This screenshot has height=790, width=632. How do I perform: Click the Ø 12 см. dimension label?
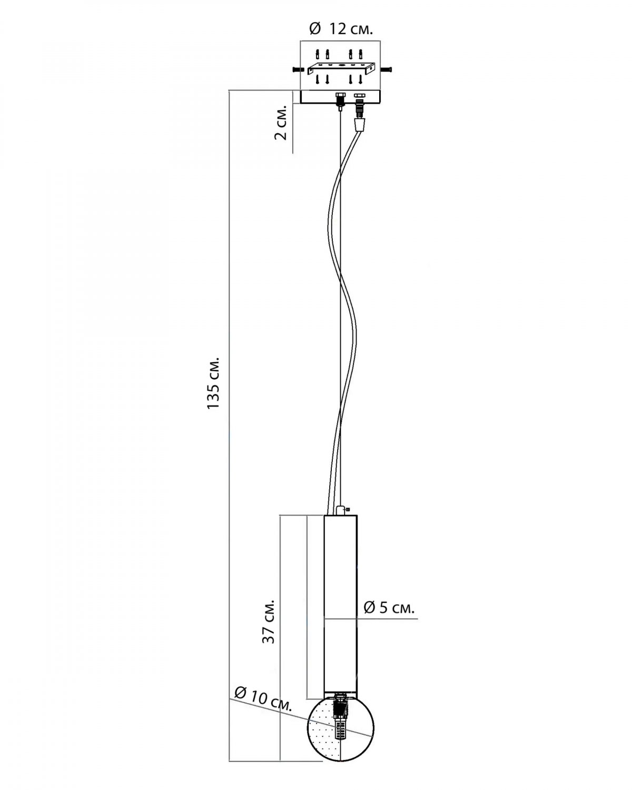click(341, 28)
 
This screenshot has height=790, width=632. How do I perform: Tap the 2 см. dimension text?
click(281, 124)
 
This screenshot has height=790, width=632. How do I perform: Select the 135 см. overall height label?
click(213, 382)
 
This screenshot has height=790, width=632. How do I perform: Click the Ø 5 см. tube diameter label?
click(389, 608)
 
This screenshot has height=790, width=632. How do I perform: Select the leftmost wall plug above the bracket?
click(318, 54)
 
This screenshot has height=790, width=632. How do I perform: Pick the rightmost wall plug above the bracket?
click(361, 54)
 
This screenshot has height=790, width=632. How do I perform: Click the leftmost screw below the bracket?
click(318, 80)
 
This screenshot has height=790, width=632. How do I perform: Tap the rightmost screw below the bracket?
click(361, 80)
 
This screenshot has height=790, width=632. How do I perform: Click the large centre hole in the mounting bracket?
click(342, 65)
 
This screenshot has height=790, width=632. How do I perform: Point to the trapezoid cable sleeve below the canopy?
click(359, 125)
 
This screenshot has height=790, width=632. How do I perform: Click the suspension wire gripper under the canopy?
click(340, 101)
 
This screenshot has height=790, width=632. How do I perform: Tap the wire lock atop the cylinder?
click(341, 509)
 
